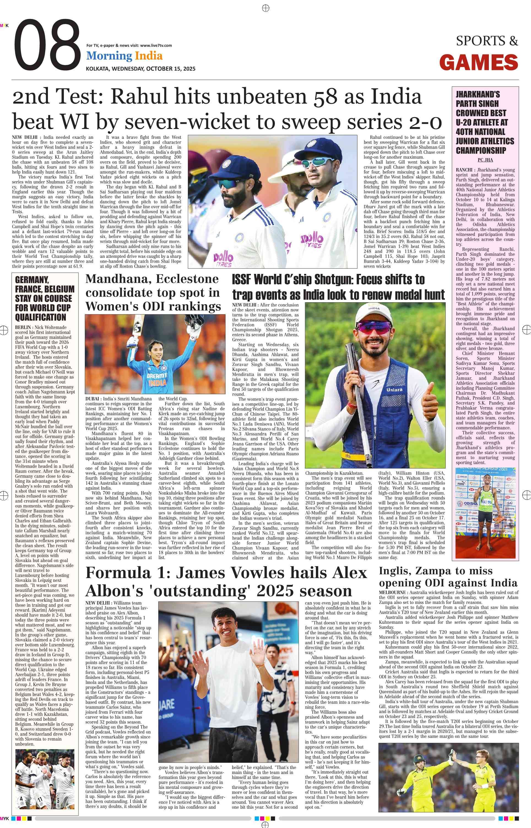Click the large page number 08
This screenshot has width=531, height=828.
47,45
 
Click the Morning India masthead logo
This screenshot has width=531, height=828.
124,56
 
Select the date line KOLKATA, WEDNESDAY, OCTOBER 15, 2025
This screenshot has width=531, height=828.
140,69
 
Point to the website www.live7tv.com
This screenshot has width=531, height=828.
156,45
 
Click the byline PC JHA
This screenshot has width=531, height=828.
485,160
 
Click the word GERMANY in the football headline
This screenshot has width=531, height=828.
32,280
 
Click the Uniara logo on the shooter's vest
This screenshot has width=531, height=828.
394,390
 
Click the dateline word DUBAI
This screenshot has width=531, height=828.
93,399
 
